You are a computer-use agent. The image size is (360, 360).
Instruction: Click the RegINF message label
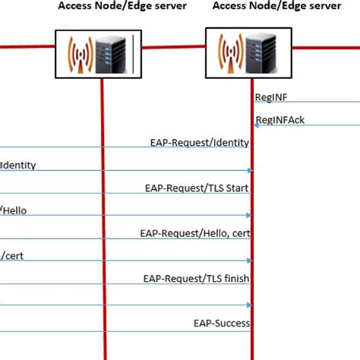point(271,97)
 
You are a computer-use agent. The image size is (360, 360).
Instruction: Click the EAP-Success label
point(221,324)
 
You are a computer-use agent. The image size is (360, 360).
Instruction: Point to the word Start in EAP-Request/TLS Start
point(236,188)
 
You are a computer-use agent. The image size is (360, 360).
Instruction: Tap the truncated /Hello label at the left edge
point(14,210)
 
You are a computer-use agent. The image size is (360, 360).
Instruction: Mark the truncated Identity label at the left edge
point(18,165)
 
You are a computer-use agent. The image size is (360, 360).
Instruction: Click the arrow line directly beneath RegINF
point(304,103)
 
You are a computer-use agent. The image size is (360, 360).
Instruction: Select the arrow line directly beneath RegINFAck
point(304,126)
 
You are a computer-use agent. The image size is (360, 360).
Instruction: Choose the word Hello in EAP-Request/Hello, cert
point(207,233)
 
